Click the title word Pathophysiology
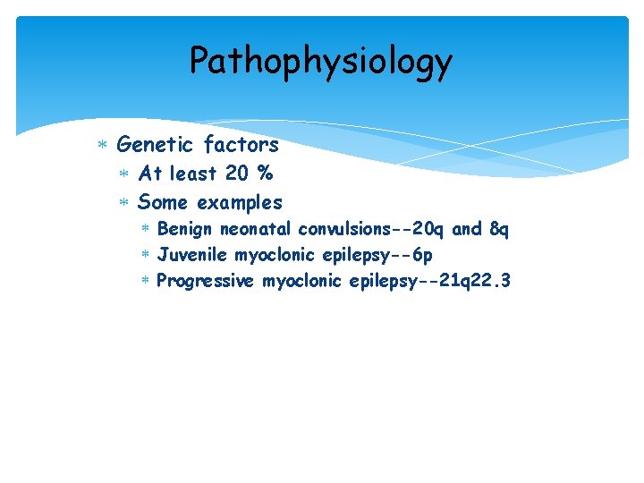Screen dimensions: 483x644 [321, 62]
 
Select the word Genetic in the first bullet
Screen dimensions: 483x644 [155, 144]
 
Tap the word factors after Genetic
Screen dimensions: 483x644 [241, 144]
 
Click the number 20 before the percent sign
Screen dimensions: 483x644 [238, 174]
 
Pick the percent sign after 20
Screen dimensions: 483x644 [264, 174]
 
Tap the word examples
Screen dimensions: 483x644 [240, 202]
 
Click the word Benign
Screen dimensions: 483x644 [185, 230]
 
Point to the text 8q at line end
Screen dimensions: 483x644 [499, 230]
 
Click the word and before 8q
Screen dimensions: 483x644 [467, 230]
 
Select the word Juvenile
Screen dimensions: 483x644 [192, 256]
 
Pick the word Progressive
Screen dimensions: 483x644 [206, 282]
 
